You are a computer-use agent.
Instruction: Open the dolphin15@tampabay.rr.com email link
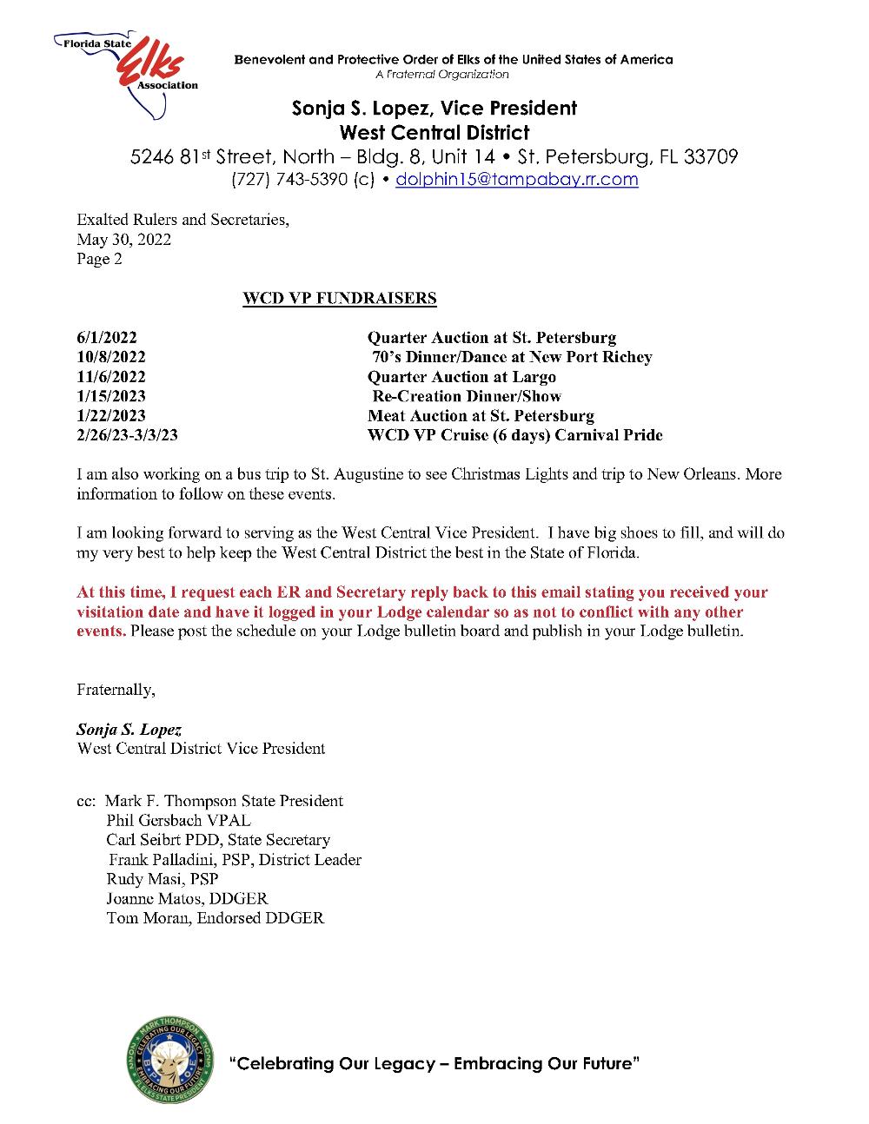[x=516, y=180]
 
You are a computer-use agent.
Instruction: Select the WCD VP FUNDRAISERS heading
[x=339, y=299]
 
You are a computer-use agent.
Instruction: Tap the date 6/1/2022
[x=106, y=338]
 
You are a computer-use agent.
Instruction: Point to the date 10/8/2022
[x=110, y=357]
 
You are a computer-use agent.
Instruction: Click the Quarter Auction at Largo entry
[x=461, y=377]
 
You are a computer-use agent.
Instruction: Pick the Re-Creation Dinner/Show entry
[x=467, y=396]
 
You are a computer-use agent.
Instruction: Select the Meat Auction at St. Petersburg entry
[x=481, y=416]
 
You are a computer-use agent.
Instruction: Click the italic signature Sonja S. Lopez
[x=129, y=730]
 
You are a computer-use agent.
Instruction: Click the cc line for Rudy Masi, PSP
[x=163, y=879]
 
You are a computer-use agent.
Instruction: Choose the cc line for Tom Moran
[x=215, y=918]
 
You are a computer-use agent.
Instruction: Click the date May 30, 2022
[x=123, y=240]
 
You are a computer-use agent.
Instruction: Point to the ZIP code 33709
[x=711, y=157]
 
